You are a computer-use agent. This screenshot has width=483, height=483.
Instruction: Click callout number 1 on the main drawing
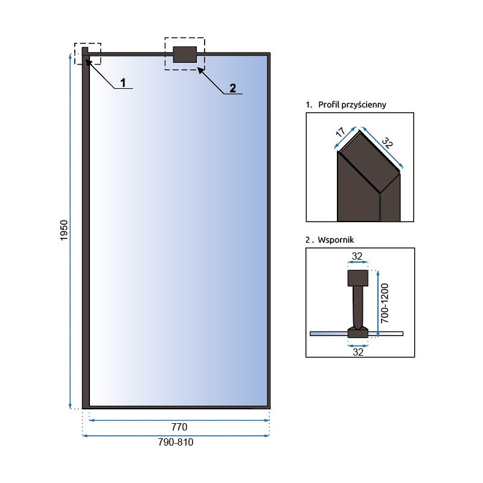pos(123,82)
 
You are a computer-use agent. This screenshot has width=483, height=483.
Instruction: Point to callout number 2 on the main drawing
pos(232,88)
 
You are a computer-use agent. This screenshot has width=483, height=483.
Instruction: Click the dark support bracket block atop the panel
pos(185,54)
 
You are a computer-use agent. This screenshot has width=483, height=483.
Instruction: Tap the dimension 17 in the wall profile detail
pos(342,133)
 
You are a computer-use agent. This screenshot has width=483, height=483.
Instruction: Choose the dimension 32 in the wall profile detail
pos(387,145)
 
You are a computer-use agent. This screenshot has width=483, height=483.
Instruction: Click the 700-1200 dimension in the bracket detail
pos(389,302)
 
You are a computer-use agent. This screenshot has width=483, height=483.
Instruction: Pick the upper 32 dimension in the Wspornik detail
pos(357,256)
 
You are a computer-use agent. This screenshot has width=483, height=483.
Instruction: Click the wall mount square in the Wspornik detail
pos(357,278)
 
